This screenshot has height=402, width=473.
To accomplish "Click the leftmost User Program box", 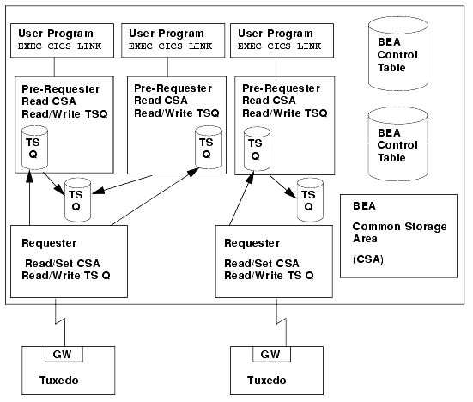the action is [62, 40].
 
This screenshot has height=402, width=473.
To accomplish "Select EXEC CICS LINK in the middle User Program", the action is [171, 46].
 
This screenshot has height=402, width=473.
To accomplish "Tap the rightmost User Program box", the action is [282, 40].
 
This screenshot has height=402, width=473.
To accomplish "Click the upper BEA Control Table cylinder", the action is [398, 54].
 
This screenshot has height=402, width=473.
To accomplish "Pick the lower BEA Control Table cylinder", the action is [398, 144].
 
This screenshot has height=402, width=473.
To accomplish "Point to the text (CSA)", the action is [368, 259].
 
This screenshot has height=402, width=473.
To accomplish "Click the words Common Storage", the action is [400, 227].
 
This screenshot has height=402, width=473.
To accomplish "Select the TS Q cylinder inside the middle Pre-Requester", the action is [209, 147].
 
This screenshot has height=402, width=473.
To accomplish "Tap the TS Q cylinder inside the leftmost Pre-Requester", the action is [34, 148].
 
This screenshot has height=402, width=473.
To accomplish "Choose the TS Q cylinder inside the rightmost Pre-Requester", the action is [257, 149].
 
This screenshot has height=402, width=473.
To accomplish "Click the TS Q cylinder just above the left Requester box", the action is [78, 200].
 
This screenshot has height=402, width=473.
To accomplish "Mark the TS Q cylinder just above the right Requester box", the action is [311, 200].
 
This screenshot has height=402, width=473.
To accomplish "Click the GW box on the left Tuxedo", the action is [64, 354].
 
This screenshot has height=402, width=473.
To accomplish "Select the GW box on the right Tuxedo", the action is [272, 354].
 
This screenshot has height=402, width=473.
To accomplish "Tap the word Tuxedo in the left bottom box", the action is [59, 381].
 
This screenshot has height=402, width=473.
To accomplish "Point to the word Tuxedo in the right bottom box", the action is [267, 381].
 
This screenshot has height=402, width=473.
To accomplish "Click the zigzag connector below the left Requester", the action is [60, 323].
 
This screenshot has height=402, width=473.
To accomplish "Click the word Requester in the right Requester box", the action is [252, 243].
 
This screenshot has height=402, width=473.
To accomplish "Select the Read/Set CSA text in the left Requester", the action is [63, 264].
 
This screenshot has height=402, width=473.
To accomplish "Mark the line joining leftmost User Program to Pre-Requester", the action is [55, 67].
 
